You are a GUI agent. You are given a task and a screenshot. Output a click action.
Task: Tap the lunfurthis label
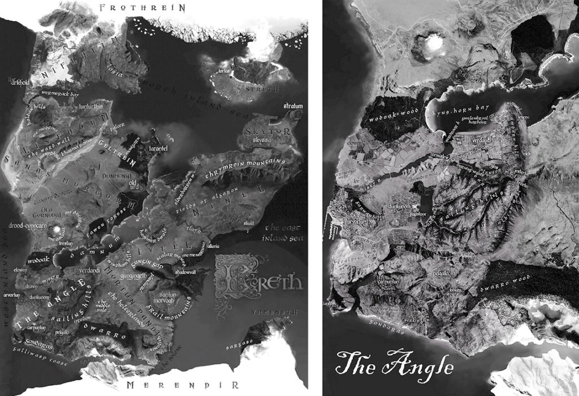[91, 106]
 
